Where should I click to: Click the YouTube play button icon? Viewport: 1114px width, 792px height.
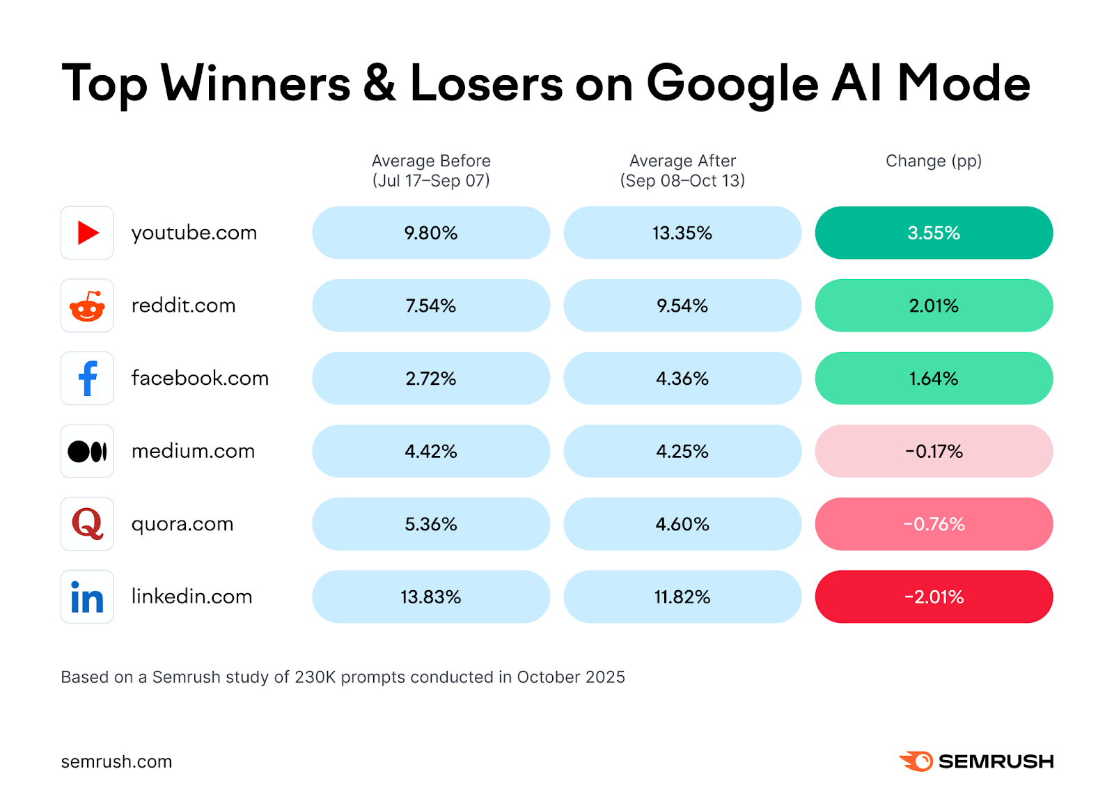click(x=87, y=232)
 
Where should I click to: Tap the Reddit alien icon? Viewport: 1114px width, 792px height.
click(x=87, y=306)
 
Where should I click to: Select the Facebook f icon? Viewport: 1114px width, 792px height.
click(x=87, y=378)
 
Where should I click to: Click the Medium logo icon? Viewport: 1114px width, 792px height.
click(x=87, y=451)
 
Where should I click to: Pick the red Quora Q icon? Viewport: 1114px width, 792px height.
click(x=87, y=523)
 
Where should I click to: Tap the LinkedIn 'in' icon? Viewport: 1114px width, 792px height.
click(x=87, y=596)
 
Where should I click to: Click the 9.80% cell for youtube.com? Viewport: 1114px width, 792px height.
click(x=430, y=232)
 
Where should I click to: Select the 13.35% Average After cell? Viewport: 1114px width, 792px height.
click(x=682, y=232)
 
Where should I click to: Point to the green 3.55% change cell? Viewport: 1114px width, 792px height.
click(x=933, y=232)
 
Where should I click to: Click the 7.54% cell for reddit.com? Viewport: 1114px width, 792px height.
click(x=430, y=306)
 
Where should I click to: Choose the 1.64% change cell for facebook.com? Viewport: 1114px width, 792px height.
click(x=933, y=378)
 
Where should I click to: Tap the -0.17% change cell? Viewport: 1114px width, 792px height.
click(x=933, y=451)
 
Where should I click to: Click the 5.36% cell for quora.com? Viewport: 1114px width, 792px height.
click(x=430, y=523)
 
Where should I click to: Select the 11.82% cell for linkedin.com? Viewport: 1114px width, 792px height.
click(x=682, y=596)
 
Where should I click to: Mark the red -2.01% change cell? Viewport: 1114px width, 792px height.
click(x=933, y=596)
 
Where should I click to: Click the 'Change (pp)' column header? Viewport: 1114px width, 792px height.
click(x=933, y=161)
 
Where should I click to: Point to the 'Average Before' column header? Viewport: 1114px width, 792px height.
click(x=431, y=171)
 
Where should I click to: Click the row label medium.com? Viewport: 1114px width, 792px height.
click(x=193, y=451)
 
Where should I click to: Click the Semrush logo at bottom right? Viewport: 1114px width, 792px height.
click(x=976, y=761)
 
